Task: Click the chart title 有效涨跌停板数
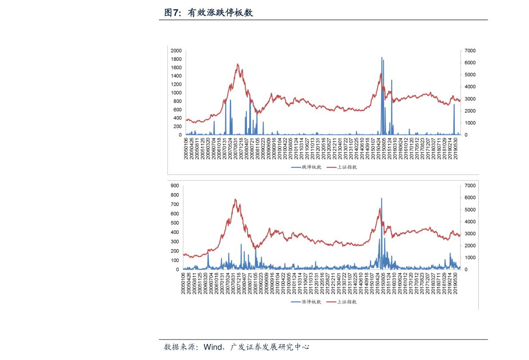click(x=220, y=13)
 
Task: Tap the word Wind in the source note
click(x=213, y=347)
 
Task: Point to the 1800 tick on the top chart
click(x=176, y=59)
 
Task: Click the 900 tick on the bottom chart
click(x=175, y=186)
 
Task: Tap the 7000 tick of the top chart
click(x=470, y=51)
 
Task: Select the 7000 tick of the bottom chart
click(x=470, y=186)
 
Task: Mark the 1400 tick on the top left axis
click(x=176, y=76)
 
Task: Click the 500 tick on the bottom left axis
click(x=175, y=223)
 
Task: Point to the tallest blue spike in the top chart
click(x=382, y=58)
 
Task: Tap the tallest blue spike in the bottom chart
click(x=381, y=199)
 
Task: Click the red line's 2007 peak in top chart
click(x=238, y=64)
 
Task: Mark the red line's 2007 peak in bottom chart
click(x=235, y=200)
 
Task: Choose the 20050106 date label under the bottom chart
click(x=183, y=284)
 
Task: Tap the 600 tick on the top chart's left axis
click(x=177, y=110)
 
